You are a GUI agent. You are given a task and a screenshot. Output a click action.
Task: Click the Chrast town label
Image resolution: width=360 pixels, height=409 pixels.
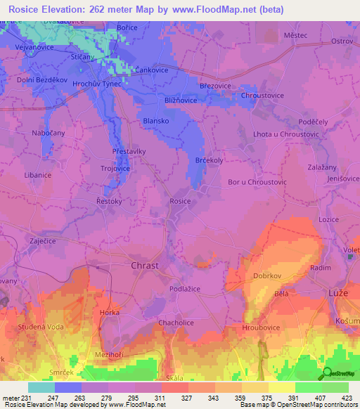click(x=145, y=266)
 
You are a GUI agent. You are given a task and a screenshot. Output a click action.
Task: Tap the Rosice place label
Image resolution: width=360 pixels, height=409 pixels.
click(x=180, y=201)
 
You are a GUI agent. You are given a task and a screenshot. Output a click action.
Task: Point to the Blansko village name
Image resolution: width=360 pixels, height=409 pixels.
click(x=155, y=120)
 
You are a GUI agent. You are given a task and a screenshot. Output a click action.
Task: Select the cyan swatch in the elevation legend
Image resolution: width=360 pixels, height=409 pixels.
click(x=41, y=387)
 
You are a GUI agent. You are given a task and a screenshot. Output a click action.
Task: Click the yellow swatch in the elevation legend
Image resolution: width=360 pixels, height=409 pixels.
click(x=282, y=387)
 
